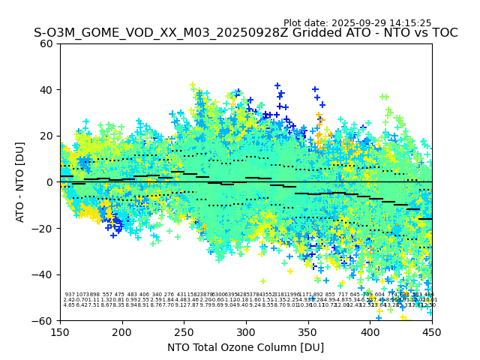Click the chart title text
245,33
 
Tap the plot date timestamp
357,23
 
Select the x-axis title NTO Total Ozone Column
245,347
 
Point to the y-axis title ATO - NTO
20,181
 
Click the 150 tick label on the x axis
60,331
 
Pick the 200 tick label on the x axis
122,331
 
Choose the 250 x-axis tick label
184,331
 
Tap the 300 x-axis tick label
246,331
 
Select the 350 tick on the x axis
308,331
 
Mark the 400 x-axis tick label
370,331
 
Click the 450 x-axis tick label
432,331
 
